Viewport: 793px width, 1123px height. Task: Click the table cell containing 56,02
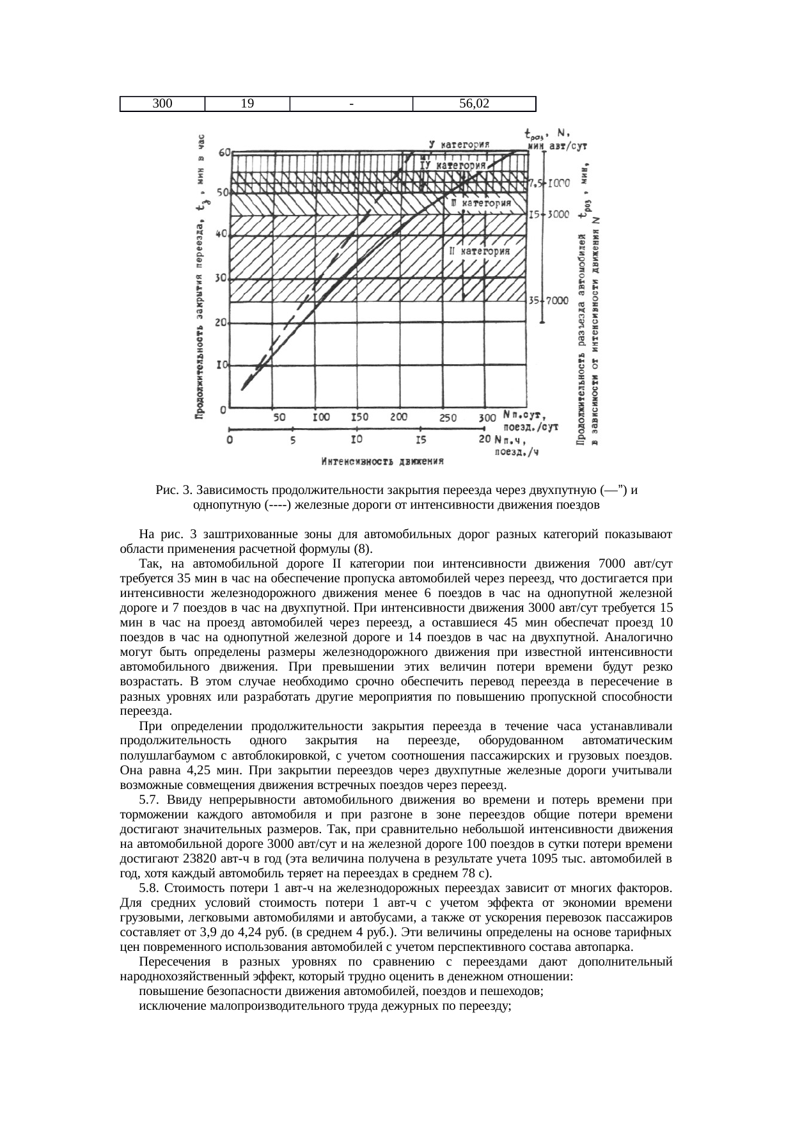tap(474, 103)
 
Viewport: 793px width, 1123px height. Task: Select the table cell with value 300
tap(162, 103)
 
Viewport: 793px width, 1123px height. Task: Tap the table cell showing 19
tap(247, 103)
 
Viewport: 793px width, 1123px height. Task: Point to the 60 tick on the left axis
tap(224, 152)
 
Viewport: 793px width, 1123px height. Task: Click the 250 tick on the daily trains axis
tap(447, 418)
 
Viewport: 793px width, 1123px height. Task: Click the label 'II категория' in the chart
tap(480, 252)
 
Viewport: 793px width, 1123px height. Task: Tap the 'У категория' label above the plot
tap(459, 145)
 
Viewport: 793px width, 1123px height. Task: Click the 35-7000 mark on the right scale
tap(548, 301)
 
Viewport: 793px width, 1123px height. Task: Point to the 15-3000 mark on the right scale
tap(548, 215)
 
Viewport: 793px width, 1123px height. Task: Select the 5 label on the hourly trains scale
tap(292, 440)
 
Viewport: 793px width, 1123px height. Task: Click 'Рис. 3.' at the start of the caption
tap(174, 491)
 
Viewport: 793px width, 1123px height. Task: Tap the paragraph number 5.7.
tap(148, 800)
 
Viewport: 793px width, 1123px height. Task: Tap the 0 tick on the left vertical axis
tap(223, 409)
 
